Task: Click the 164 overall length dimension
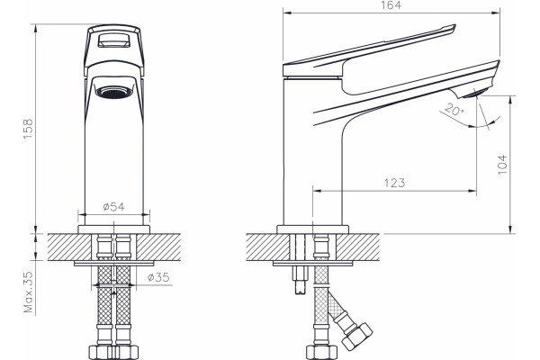coord(391,5)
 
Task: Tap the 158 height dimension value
coord(28,129)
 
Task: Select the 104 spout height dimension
coord(503,165)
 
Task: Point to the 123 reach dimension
coord(394,183)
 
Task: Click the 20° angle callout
coord(454,110)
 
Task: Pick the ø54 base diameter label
coord(113,207)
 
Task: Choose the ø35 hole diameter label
coord(158,277)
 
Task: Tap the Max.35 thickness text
coord(29,292)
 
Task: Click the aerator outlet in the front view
coord(114,92)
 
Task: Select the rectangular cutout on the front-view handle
coord(114,40)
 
